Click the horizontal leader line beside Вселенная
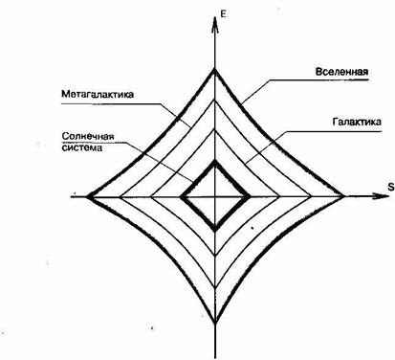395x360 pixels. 287,80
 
